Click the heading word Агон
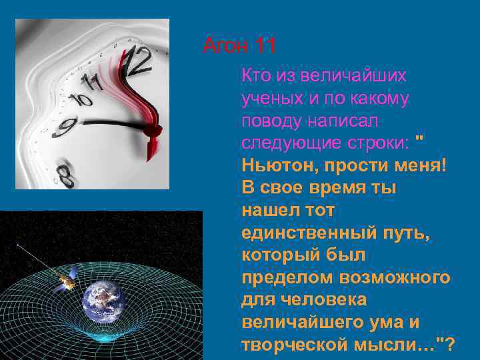225,47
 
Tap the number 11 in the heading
265,47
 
